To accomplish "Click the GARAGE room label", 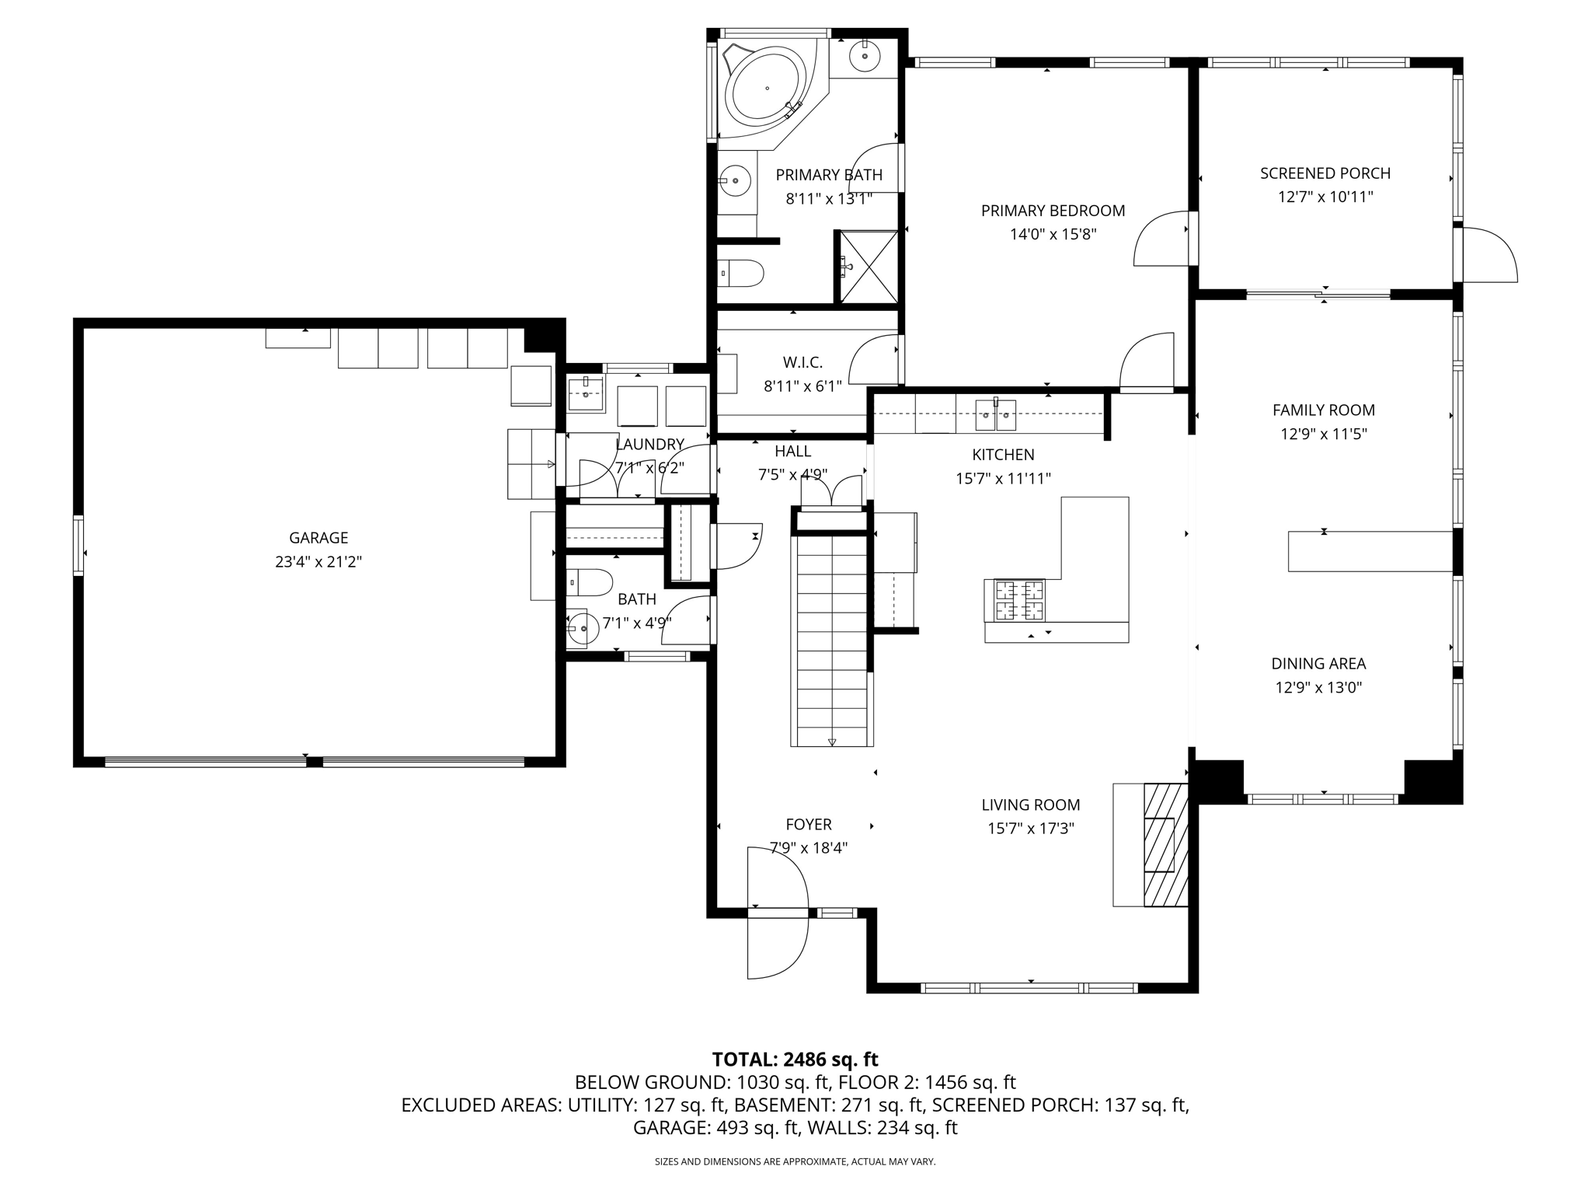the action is tap(319, 538).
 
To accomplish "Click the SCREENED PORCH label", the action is tap(1325, 173).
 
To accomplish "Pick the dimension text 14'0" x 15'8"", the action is tap(1053, 234).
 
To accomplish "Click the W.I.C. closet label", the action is tap(802, 362).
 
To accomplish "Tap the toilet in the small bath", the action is tap(590, 581).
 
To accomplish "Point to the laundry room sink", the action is tap(585, 394).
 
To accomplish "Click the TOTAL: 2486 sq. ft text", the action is tap(795, 1059).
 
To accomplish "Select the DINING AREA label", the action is tap(1318, 664).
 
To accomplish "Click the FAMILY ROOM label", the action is tap(1324, 410).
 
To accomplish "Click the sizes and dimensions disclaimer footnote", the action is tap(795, 1161).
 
